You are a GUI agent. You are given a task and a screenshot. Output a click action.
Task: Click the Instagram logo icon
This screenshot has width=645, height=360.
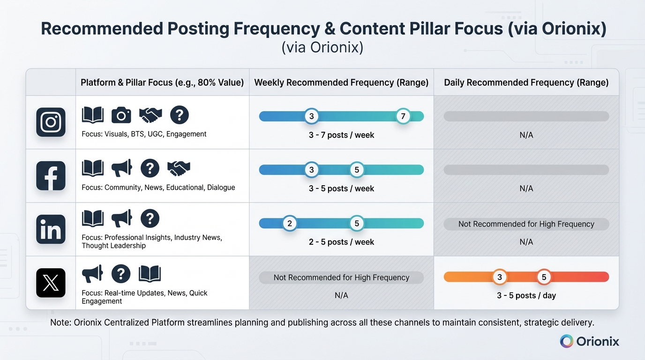(51, 122)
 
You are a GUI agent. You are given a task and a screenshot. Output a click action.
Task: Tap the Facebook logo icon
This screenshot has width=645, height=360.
(51, 176)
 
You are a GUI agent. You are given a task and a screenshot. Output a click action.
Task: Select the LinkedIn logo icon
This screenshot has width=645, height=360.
(51, 229)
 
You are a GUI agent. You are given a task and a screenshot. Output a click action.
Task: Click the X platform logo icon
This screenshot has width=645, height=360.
(51, 283)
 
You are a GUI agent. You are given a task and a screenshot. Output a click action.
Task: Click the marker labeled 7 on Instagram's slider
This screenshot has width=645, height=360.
(403, 116)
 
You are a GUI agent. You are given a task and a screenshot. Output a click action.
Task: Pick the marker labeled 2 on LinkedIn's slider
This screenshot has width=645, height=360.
(290, 223)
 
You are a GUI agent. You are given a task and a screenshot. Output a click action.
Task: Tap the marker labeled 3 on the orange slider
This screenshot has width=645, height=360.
(500, 277)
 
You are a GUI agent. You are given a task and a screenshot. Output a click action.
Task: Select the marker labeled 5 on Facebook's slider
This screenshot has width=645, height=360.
(357, 170)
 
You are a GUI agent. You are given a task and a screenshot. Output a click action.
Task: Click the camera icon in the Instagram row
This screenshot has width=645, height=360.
(121, 115)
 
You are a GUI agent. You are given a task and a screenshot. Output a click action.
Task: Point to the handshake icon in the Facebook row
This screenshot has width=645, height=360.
(179, 168)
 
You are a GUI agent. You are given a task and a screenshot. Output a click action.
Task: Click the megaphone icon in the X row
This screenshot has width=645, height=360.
(92, 273)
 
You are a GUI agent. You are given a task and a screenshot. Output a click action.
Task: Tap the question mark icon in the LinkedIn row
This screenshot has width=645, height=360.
(150, 218)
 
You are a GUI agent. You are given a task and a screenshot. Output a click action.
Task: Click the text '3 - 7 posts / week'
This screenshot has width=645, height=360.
(341, 135)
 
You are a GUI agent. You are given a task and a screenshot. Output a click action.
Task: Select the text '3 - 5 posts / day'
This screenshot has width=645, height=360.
(526, 295)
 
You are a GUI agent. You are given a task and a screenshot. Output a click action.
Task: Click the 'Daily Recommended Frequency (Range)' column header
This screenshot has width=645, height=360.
(526, 82)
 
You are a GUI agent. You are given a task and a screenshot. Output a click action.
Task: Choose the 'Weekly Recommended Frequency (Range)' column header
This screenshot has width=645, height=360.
(341, 82)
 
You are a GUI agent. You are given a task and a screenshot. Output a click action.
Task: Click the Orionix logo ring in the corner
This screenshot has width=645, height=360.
(567, 341)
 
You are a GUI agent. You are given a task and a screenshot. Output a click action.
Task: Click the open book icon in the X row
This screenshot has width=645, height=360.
(150, 273)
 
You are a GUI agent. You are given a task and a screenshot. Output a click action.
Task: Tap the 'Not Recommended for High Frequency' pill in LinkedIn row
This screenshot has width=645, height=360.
(526, 224)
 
